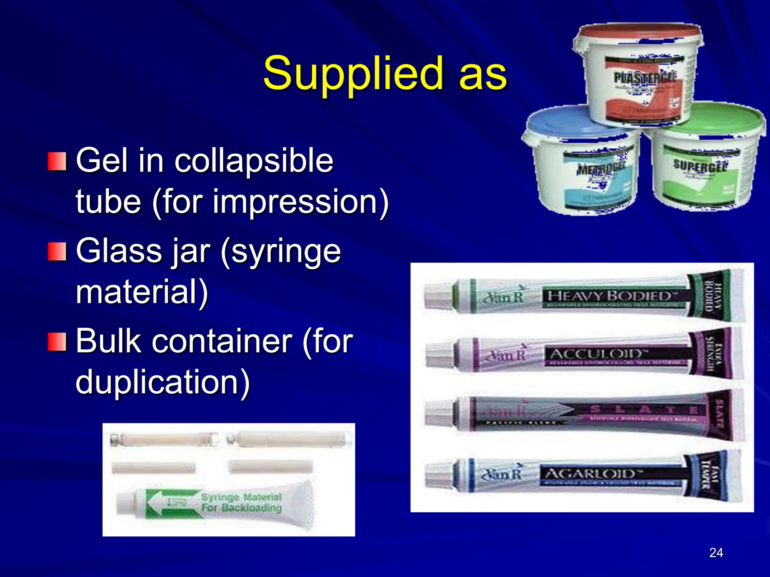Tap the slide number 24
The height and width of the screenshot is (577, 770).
pos(716,553)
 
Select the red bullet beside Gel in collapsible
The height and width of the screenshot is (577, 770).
pos(57,161)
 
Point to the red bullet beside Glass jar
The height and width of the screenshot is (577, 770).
pos(57,251)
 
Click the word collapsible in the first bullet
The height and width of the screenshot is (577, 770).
pos(254,160)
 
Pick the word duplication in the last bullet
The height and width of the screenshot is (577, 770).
pos(162,382)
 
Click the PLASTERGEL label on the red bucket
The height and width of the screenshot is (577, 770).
pos(644,77)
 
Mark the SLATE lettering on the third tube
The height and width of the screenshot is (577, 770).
pos(643,409)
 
